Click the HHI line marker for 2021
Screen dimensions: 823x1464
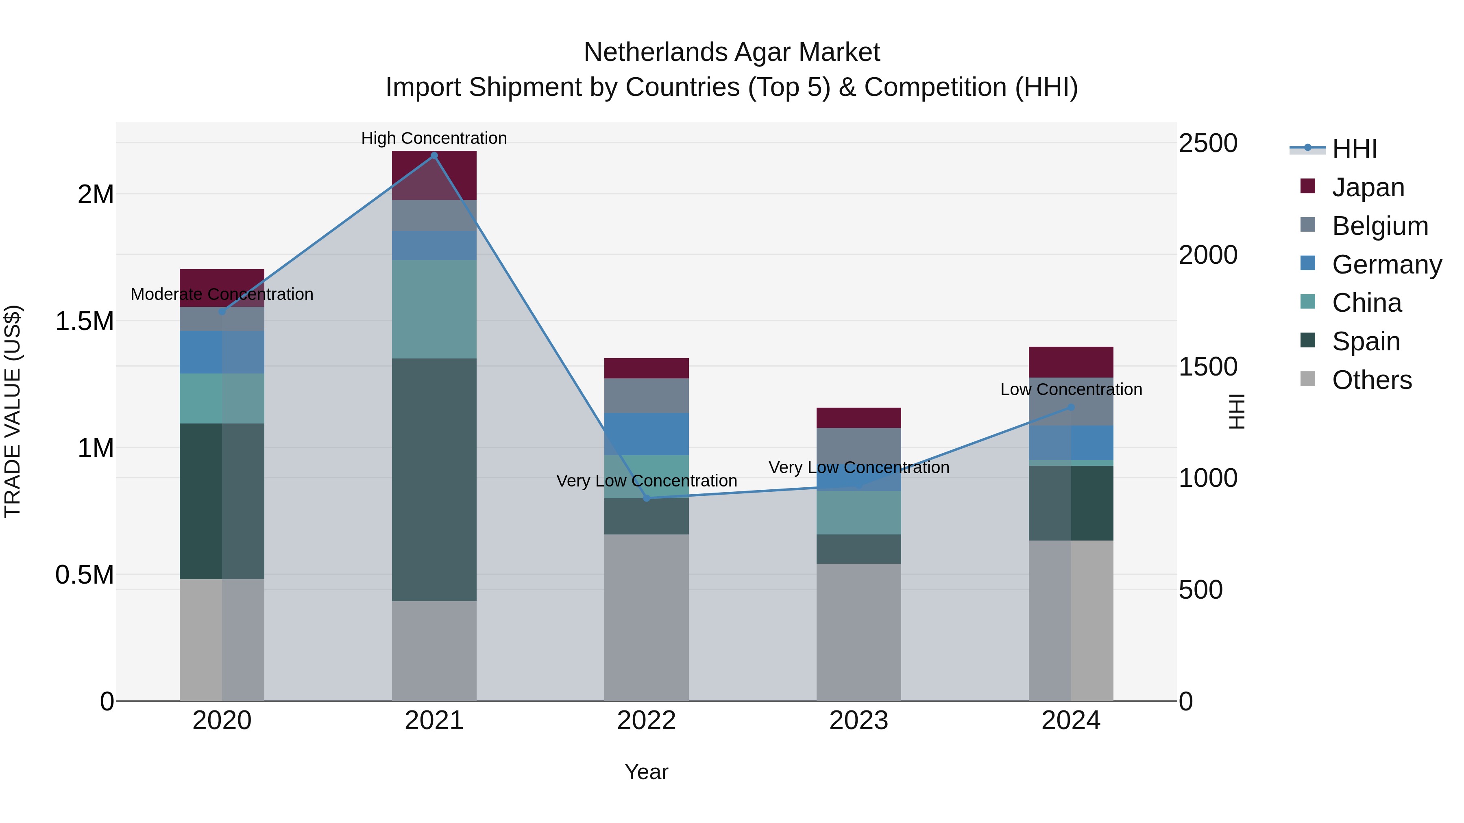pyautogui.click(x=434, y=156)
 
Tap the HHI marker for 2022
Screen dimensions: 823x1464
pyautogui.click(x=646, y=498)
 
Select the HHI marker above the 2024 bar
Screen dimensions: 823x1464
pyautogui.click(x=1071, y=407)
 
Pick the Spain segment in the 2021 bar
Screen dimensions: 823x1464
pyautogui.click(x=434, y=480)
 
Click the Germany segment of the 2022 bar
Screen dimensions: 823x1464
pyautogui.click(x=646, y=434)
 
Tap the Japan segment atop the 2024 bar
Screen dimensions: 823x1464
pyautogui.click(x=1071, y=362)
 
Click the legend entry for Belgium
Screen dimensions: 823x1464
pyautogui.click(x=1379, y=226)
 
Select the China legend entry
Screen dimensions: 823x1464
pyautogui.click(x=1366, y=303)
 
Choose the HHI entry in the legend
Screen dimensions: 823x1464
pyautogui.click(x=1354, y=149)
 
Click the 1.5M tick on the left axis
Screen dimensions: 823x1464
pyautogui.click(x=84, y=321)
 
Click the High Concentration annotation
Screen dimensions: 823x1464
pyautogui.click(x=434, y=138)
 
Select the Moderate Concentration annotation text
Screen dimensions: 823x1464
pyautogui.click(x=222, y=294)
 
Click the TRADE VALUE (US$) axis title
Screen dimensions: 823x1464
pyautogui.click(x=13, y=411)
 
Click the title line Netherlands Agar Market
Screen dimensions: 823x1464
pyautogui.click(x=732, y=52)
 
